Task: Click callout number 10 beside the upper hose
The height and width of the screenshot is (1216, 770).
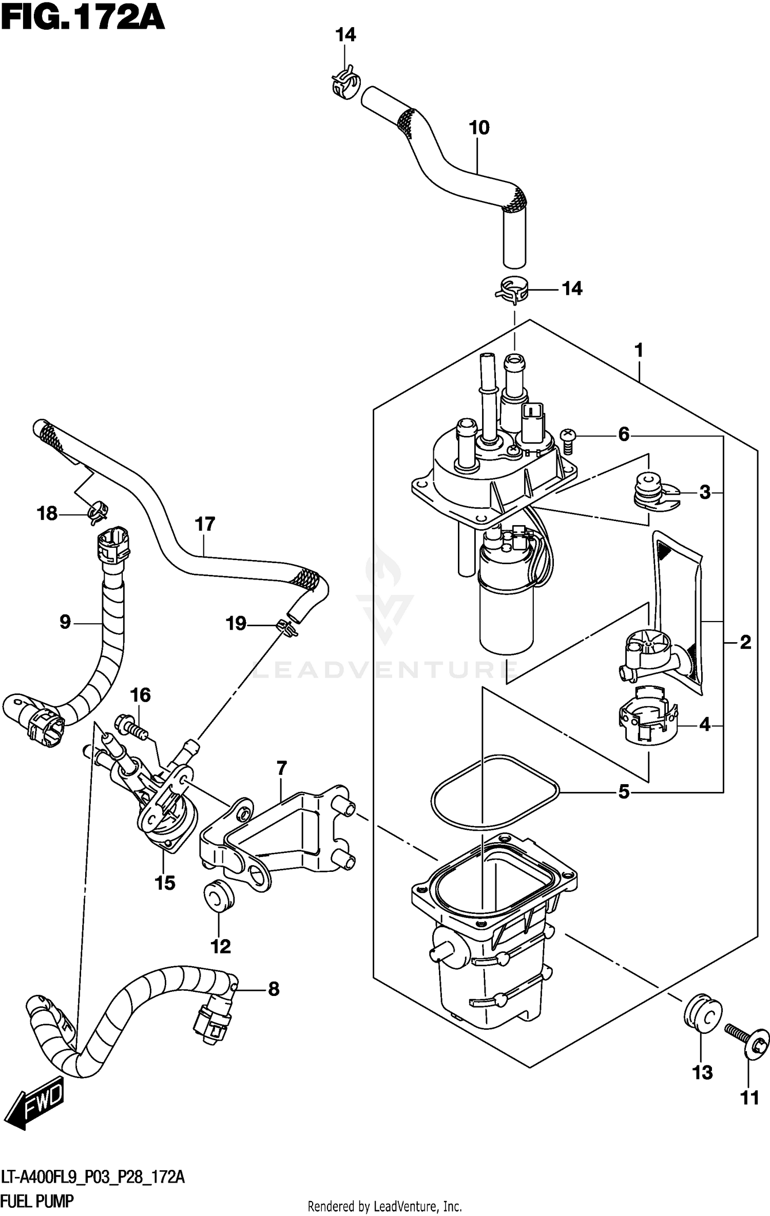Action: point(479,128)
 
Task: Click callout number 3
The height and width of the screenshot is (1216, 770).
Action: point(705,493)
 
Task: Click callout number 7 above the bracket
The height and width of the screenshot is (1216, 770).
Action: point(281,769)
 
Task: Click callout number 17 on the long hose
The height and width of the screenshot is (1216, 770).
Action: point(204,524)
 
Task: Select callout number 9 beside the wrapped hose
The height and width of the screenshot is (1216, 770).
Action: point(65,622)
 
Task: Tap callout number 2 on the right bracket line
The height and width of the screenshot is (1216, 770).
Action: point(745,642)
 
